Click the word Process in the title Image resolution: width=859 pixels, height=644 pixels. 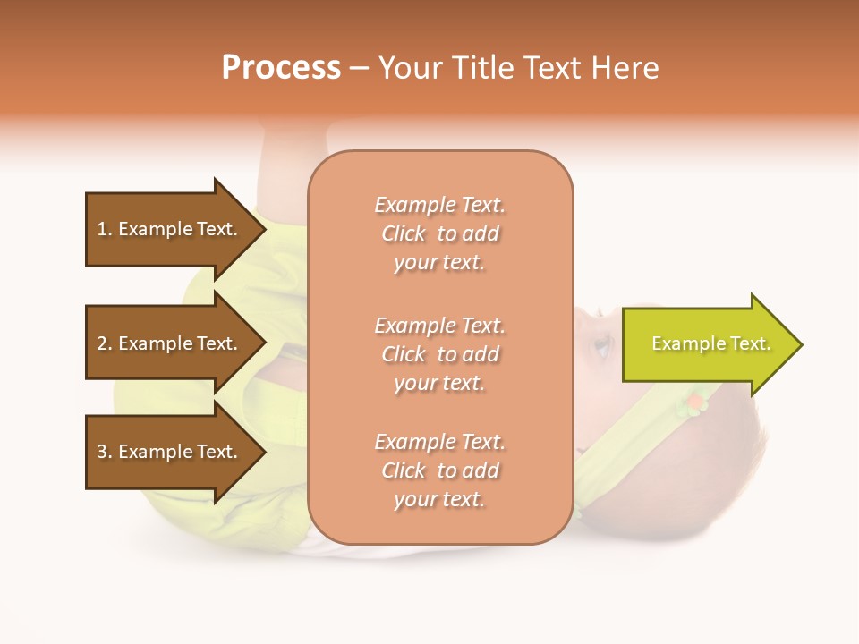point(281,68)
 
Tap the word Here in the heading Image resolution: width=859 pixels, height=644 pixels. point(624,68)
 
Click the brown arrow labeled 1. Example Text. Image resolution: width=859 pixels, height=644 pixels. point(170,229)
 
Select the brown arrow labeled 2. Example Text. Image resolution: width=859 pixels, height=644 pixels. point(170,343)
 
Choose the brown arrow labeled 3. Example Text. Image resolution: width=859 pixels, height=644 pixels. point(170,452)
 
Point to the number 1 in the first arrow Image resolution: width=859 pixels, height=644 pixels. point(102,229)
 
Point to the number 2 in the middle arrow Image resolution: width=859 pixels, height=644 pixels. point(102,343)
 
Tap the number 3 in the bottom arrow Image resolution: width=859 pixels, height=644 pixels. point(102,452)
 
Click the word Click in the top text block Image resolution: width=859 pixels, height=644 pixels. point(404,233)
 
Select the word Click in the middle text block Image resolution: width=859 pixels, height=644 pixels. point(404,354)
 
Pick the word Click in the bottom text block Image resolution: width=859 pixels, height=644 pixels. point(404,470)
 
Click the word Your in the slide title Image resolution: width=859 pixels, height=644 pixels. point(408,68)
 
